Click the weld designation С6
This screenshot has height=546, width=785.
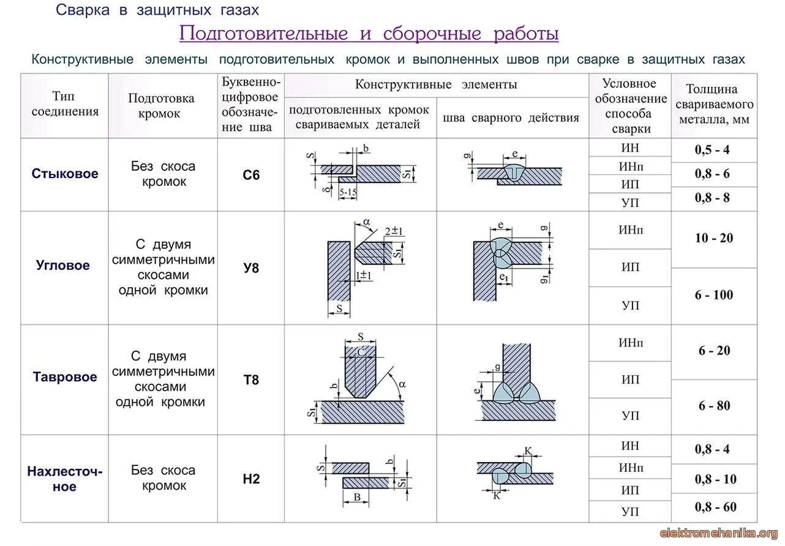coord(251,175)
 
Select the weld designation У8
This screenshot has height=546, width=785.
coord(251,267)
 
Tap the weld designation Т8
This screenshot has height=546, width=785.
coord(251,380)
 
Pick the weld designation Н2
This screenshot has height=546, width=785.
coord(251,479)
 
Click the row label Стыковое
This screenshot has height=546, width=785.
coord(65,174)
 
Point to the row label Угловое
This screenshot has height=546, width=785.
coord(63,266)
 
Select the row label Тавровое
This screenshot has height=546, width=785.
coord(65,377)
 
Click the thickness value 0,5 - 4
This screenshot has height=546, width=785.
coord(712,150)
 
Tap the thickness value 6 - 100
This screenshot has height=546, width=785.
coord(714,295)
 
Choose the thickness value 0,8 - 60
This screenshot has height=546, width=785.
coord(715,507)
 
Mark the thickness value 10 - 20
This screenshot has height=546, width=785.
coord(714,238)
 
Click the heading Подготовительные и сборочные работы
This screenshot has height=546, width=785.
coord(369,33)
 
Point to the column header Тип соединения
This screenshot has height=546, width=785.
coord(65,103)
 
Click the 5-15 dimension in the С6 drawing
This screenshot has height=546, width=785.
coord(348,192)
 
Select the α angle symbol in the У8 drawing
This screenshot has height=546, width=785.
coord(366,222)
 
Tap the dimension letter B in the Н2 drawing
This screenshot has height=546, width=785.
coord(357,498)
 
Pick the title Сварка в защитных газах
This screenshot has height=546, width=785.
coord(157,10)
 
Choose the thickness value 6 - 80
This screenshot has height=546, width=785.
coord(714,406)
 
